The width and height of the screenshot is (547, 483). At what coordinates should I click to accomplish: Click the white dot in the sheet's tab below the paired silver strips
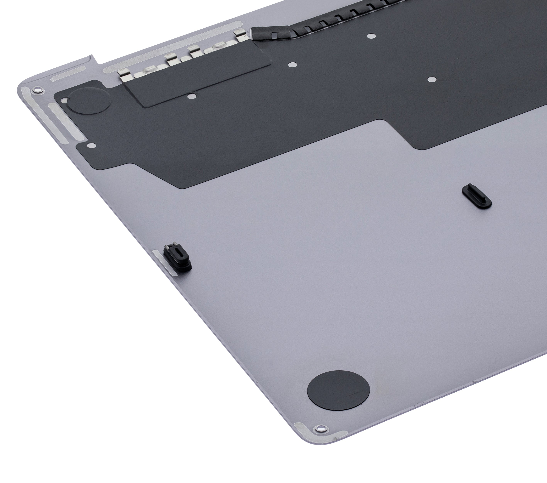92,145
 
